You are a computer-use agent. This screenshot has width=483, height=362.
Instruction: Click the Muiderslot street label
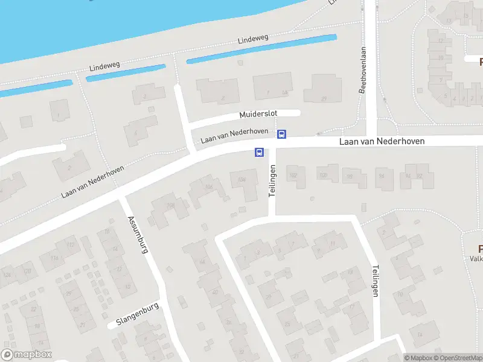click(261, 113)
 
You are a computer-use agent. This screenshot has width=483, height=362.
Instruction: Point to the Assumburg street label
click(137, 233)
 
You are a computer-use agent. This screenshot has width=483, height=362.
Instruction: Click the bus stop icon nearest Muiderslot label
click(281, 134)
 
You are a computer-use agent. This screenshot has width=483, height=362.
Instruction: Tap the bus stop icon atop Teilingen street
click(260, 152)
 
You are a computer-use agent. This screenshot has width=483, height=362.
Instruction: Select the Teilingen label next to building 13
click(375, 281)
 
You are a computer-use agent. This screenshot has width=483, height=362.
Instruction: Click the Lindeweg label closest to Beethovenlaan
click(252, 40)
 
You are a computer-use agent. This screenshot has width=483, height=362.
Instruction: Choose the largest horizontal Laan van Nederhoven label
click(382, 141)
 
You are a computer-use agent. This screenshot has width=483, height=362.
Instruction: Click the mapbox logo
click(27, 355)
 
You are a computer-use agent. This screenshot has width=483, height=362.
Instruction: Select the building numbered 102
click(294, 176)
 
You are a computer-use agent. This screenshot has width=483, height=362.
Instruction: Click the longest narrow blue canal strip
click(261, 49)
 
